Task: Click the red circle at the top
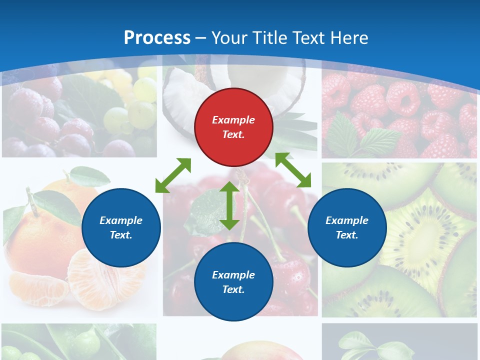pyautogui.click(x=233, y=127)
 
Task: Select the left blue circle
pyautogui.click(x=121, y=228)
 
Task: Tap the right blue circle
pyautogui.click(x=347, y=228)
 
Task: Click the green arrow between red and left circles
pyautogui.click(x=173, y=175)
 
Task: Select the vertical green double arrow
pyautogui.click(x=229, y=205)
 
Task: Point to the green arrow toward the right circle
pyautogui.click(x=293, y=170)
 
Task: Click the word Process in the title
pyautogui.click(x=157, y=37)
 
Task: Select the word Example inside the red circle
pyautogui.click(x=233, y=120)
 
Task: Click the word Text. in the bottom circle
pyautogui.click(x=233, y=289)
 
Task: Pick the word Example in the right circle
pyautogui.click(x=347, y=220)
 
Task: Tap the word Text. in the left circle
pyautogui.click(x=121, y=235)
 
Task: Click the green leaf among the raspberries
pyautogui.click(x=380, y=140)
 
